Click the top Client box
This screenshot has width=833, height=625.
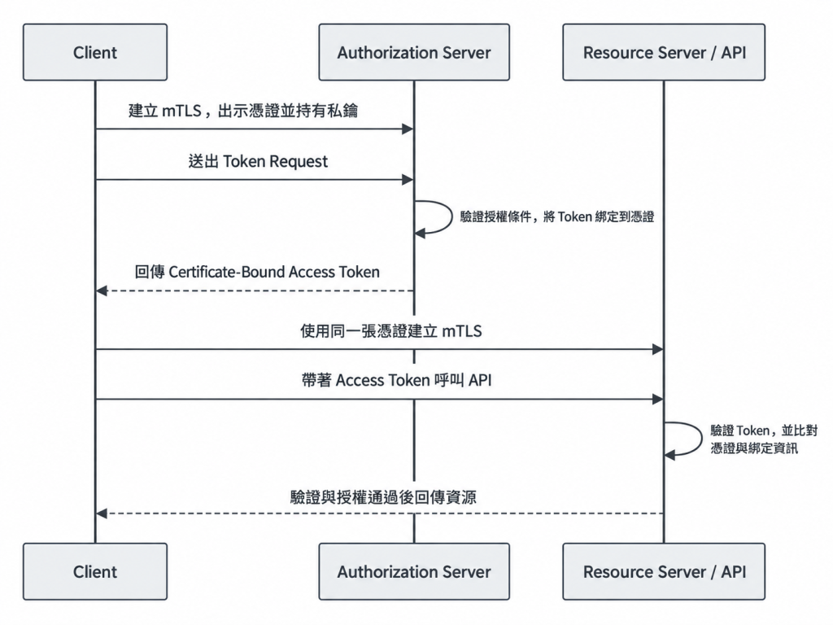click(x=95, y=52)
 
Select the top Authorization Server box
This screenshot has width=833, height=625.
click(x=414, y=52)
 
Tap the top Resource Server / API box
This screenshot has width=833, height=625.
click(x=664, y=52)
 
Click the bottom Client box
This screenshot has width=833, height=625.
click(x=95, y=571)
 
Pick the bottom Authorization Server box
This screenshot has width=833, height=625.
click(x=414, y=571)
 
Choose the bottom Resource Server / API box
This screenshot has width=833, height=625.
click(x=664, y=571)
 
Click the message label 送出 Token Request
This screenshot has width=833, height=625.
click(x=258, y=161)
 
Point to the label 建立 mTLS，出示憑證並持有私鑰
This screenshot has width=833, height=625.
click(x=243, y=111)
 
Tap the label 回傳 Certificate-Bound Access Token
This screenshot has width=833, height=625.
click(x=257, y=272)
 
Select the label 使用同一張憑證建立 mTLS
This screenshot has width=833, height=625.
click(x=391, y=331)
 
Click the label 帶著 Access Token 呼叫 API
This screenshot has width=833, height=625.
click(x=396, y=381)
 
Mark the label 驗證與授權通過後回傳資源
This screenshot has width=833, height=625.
click(x=383, y=497)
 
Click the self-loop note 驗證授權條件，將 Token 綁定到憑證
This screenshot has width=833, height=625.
click(x=557, y=216)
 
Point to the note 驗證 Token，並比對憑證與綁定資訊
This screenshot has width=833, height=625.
click(x=763, y=439)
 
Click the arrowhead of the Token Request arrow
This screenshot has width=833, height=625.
click(x=408, y=180)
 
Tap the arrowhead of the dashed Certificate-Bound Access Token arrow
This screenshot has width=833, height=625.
click(x=102, y=291)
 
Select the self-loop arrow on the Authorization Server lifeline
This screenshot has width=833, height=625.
click(x=451, y=216)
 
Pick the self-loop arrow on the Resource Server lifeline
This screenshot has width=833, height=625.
click(x=701, y=439)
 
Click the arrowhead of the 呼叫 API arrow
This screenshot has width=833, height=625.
click(x=657, y=399)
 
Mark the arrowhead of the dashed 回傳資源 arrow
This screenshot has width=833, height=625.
click(x=102, y=514)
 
